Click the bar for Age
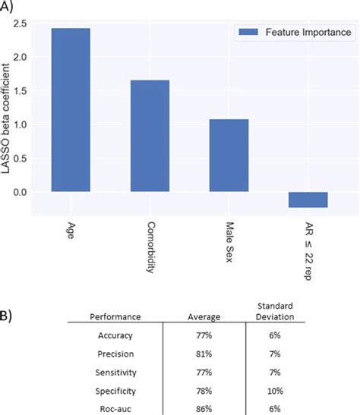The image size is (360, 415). pos(70,110)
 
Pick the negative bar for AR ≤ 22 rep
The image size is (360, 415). pos(307,200)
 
